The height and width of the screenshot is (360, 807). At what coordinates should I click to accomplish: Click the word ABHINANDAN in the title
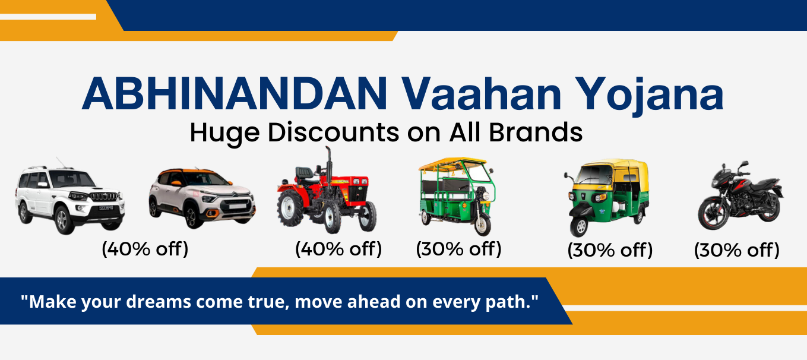tap(235, 94)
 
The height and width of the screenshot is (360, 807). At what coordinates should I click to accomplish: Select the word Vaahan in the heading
tap(482, 94)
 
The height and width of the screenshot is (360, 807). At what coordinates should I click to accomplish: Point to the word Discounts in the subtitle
tap(333, 132)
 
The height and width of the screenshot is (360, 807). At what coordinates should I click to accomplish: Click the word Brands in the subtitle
tap(536, 132)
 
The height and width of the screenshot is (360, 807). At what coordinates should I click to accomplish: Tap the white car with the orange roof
tap(202, 198)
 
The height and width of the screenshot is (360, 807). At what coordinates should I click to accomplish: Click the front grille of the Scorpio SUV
tap(104, 197)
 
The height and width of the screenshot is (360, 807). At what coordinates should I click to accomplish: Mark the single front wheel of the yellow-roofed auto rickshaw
tap(580, 226)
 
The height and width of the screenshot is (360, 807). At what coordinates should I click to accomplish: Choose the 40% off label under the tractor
tap(338, 249)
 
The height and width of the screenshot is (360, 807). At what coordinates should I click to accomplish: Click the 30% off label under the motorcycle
tap(737, 250)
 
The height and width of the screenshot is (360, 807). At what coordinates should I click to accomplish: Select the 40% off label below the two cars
tap(145, 249)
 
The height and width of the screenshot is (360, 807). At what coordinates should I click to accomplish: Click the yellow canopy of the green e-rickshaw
tap(452, 163)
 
